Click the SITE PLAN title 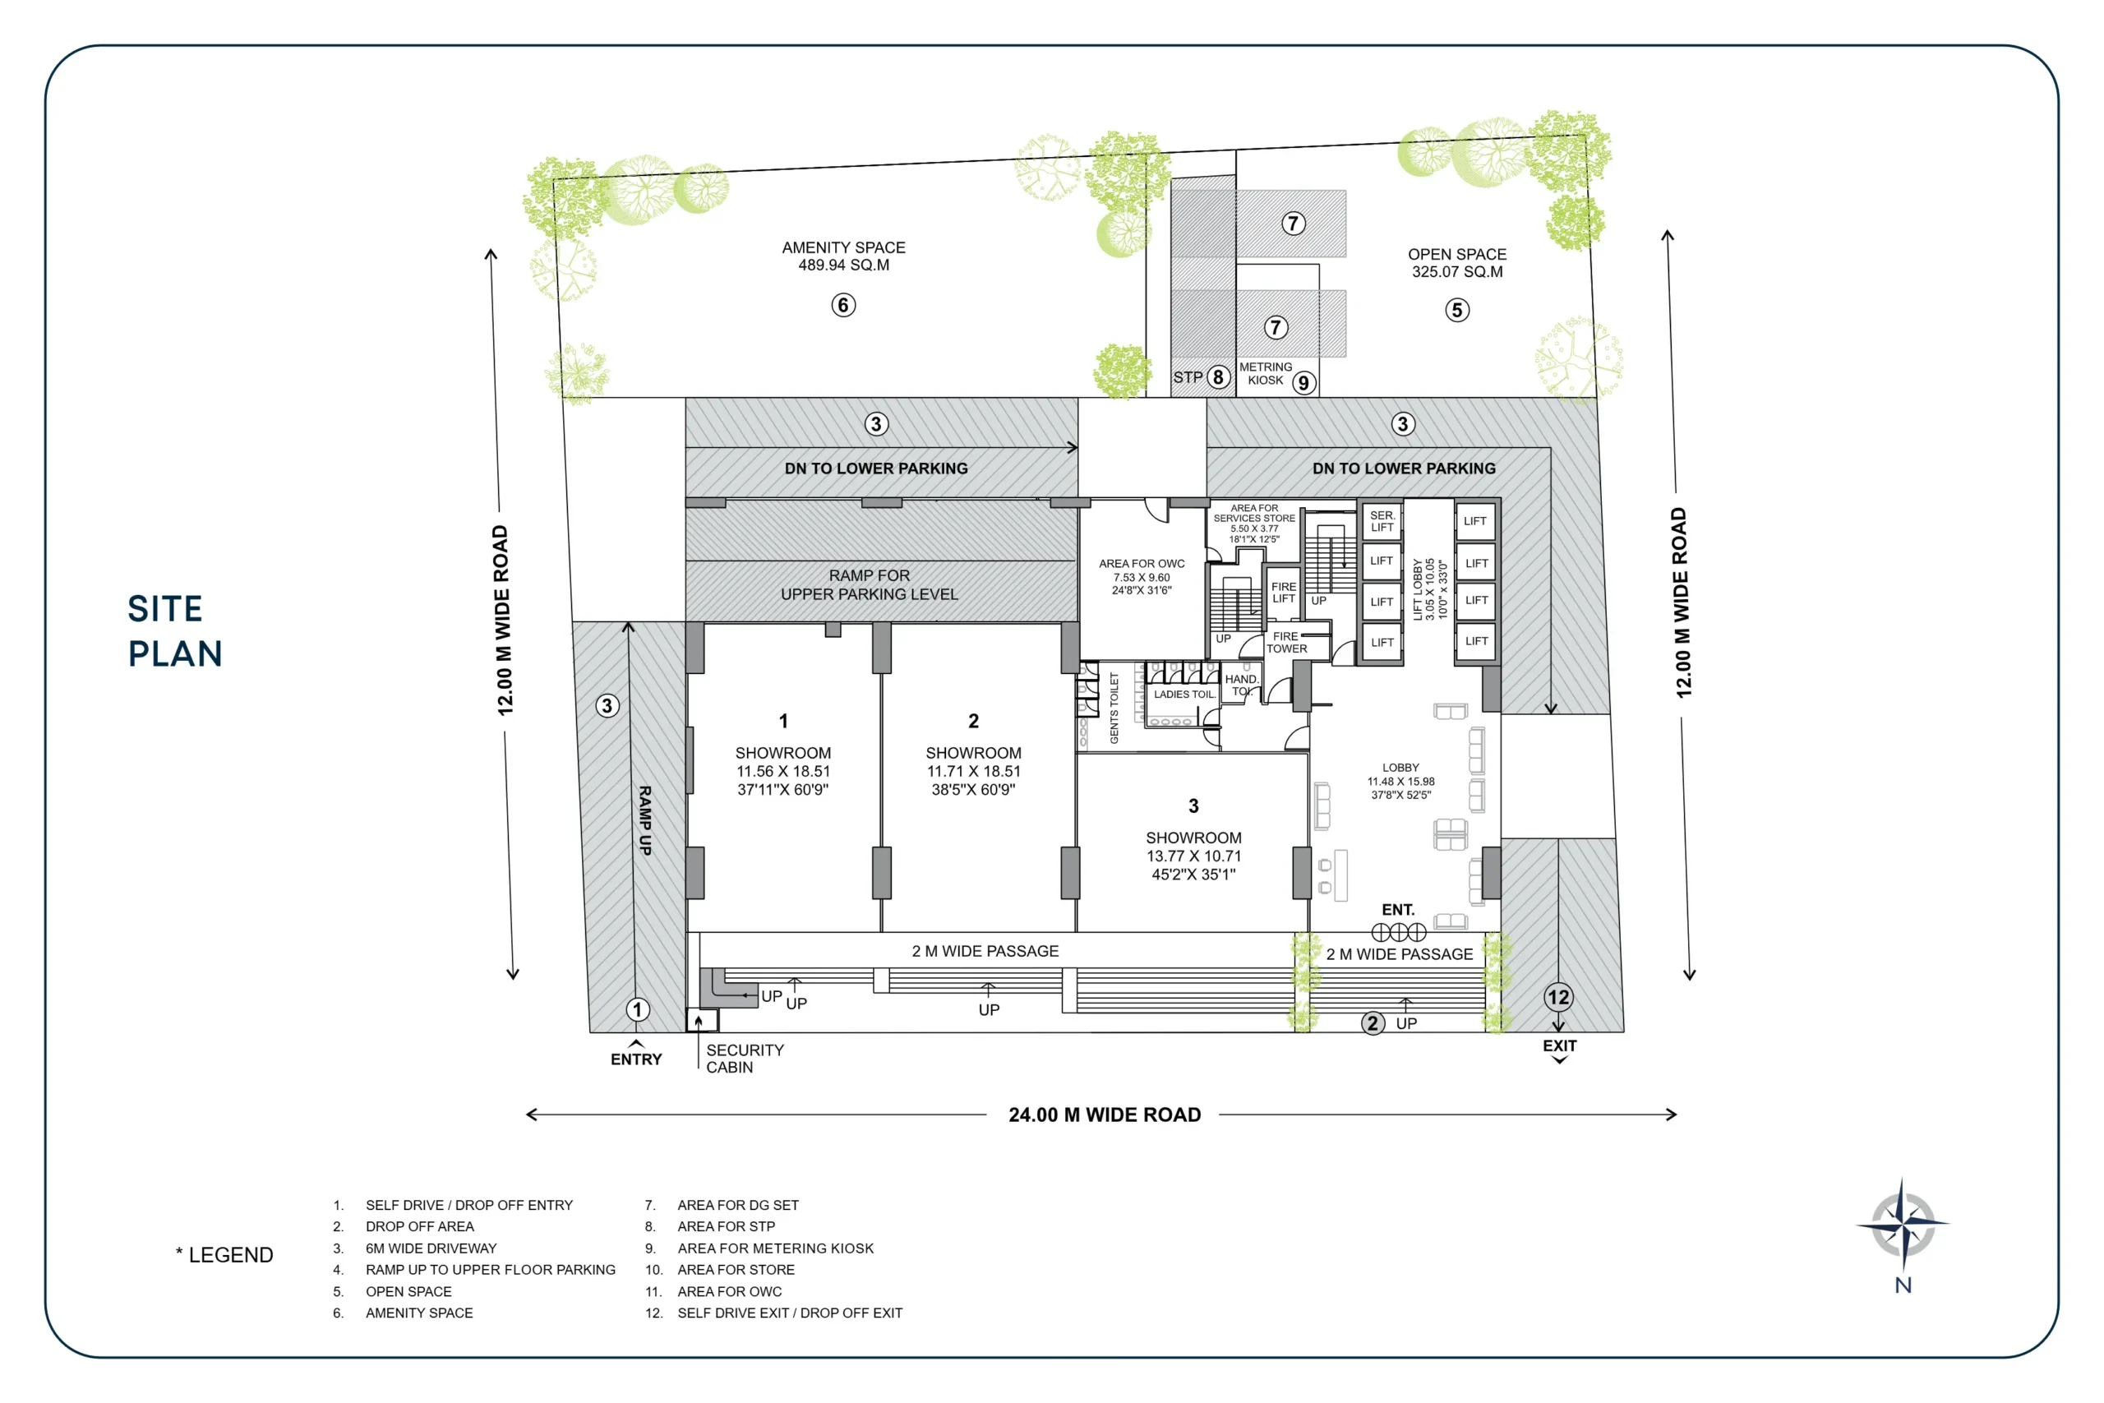click(174, 630)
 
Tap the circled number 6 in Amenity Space click(842, 305)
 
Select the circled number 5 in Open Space click(1456, 311)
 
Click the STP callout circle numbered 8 click(1217, 377)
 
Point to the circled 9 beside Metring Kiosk click(1303, 383)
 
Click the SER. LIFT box click(1382, 522)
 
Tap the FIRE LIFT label click(1283, 593)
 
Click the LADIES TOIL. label click(1183, 695)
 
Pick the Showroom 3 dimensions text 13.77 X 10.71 click(1193, 856)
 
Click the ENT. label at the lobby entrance click(1397, 910)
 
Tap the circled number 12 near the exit click(1557, 997)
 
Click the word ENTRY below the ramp click(636, 1059)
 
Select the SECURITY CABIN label click(745, 1059)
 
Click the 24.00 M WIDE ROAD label click(1104, 1115)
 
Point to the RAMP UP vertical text click(645, 820)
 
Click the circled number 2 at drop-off click(1373, 1022)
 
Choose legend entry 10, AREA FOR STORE click(736, 1270)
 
